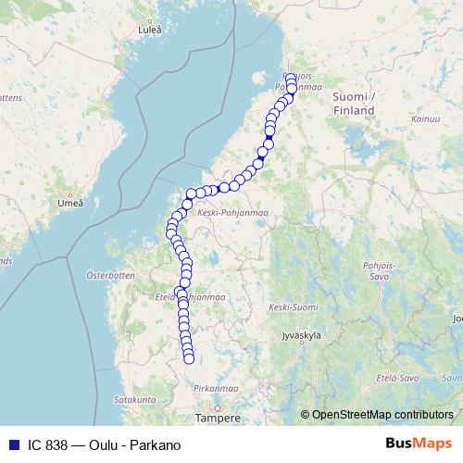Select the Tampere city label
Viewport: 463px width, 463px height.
point(218,418)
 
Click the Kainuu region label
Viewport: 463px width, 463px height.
point(425,119)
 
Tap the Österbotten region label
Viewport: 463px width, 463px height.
point(110,275)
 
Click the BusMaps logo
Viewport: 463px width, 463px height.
point(419,445)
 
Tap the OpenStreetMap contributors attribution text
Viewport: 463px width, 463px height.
point(382,414)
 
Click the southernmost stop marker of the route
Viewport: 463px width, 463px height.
point(189,359)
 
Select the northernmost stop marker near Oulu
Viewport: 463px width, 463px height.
point(290,78)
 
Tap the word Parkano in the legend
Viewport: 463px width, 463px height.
point(156,445)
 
